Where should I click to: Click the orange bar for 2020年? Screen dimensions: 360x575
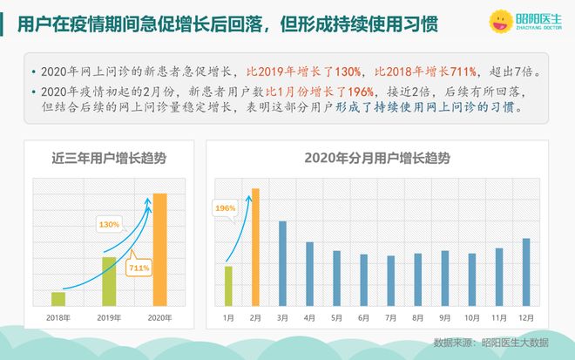point(159,250)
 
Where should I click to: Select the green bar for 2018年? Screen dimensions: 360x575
point(58,299)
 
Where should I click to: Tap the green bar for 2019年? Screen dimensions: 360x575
point(109,282)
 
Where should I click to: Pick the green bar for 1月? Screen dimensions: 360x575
point(228,286)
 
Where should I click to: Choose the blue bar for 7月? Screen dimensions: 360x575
point(391,281)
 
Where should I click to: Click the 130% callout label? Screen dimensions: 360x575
point(109,225)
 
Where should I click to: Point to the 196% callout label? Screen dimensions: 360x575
point(226,208)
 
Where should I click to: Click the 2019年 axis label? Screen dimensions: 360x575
point(109,316)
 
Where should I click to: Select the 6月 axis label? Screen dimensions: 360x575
point(364,316)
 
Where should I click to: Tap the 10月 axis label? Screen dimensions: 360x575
point(472,316)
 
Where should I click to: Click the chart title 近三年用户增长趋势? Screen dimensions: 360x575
point(109,159)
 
